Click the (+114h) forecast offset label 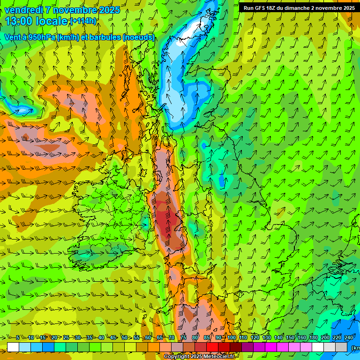(83, 22)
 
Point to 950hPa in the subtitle (40, 37)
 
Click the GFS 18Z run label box (299, 8)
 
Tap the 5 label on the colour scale (18, 338)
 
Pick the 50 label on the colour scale (124, 338)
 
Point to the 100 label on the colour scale (232, 338)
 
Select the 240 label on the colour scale (348, 338)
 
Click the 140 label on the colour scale (278, 338)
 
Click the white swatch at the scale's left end (13, 347)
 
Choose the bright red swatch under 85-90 (212, 347)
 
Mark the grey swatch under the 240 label (341, 347)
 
